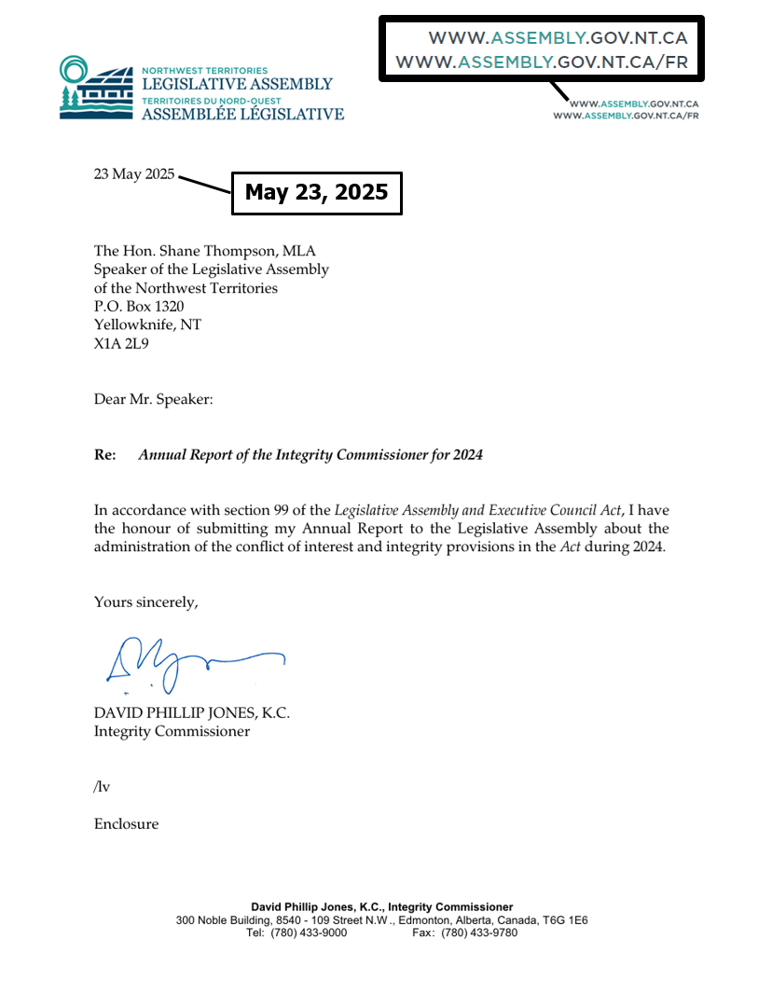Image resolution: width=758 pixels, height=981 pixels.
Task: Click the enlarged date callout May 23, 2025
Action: click(316, 193)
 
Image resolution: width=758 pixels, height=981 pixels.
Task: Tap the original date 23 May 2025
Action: click(133, 173)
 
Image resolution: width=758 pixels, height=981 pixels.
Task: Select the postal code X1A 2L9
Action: click(121, 344)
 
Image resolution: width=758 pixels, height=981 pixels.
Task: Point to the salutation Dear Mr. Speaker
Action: click(154, 399)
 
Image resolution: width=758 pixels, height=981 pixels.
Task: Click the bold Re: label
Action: click(105, 455)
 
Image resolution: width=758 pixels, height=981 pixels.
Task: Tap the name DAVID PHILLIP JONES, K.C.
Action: click(191, 712)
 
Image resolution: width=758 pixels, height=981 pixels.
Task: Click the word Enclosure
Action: click(126, 824)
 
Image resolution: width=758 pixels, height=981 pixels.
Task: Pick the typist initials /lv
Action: click(102, 787)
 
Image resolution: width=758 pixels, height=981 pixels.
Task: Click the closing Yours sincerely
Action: click(145, 602)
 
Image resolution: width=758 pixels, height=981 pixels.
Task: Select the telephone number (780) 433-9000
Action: click(309, 933)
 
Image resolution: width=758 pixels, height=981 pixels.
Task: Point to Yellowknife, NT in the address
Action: click(147, 325)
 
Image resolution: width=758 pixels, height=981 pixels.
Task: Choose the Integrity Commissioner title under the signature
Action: click(172, 731)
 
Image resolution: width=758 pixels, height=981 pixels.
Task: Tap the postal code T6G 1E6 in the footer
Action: click(564, 920)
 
